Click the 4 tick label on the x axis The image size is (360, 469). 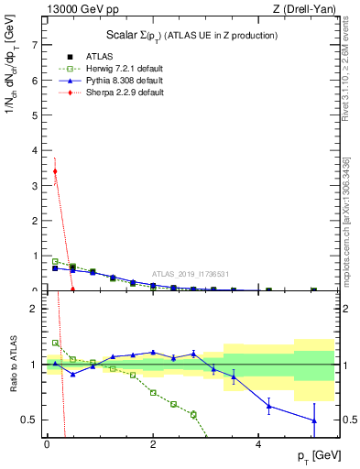coord(260,442)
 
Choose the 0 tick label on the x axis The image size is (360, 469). coord(47,442)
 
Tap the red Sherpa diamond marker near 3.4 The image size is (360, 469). coord(55,170)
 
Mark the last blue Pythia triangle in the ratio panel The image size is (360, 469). coord(314,420)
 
